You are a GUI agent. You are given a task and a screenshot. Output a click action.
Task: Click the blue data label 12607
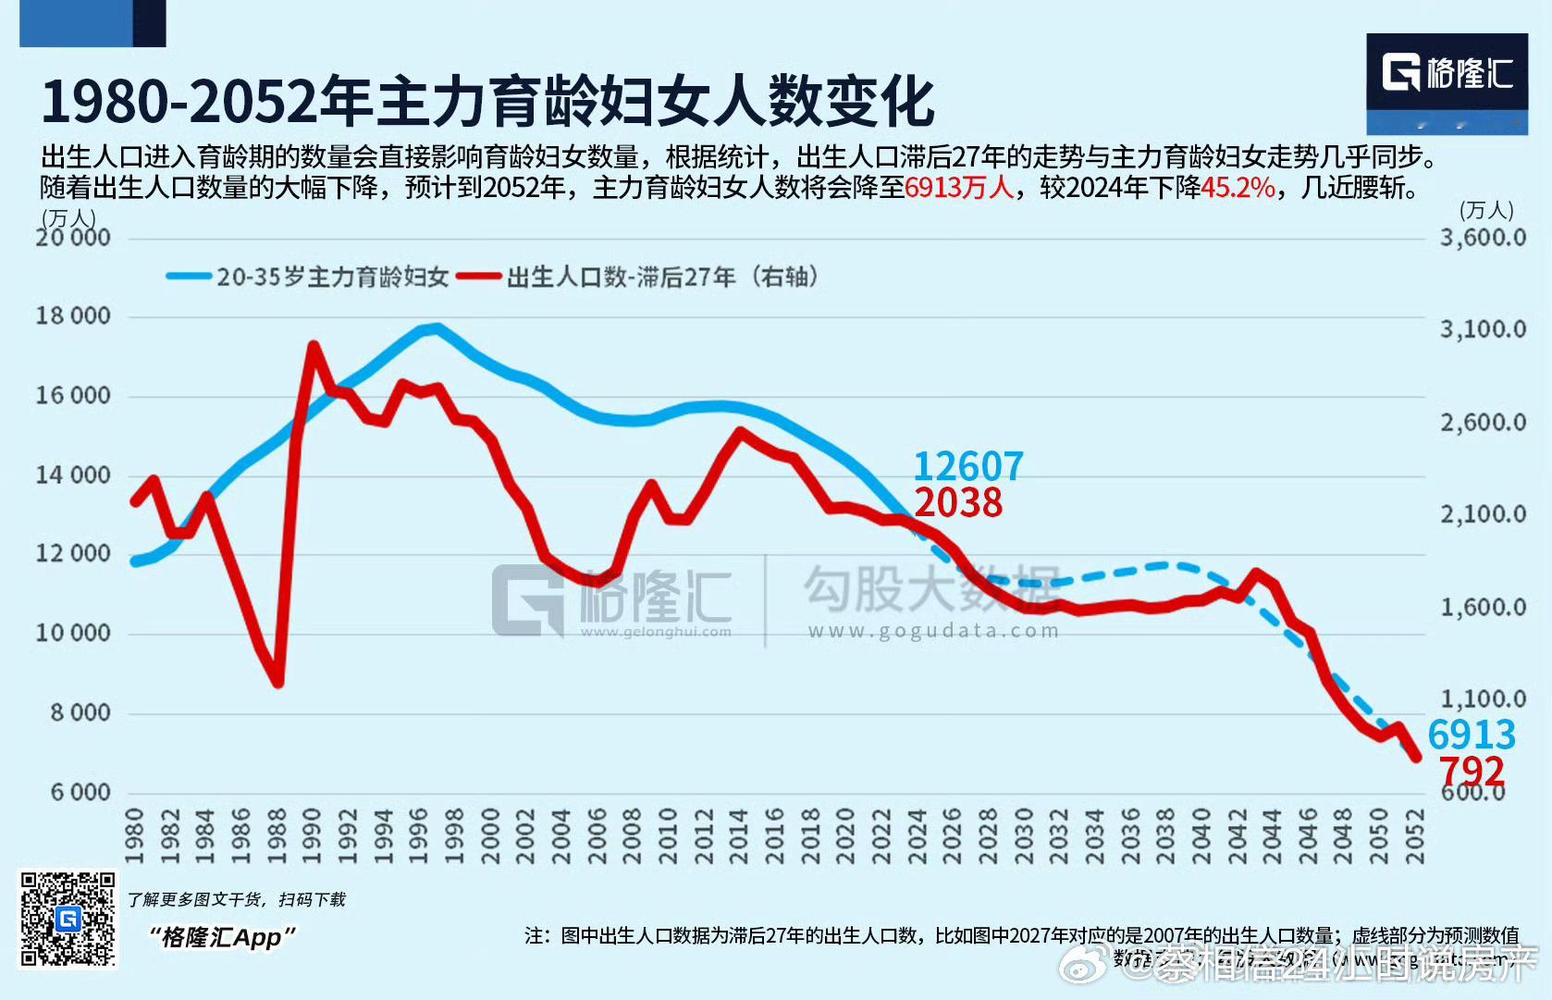tap(967, 465)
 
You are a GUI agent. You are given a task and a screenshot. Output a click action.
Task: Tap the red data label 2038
tap(958, 503)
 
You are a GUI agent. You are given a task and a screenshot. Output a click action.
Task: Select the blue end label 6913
tap(1471, 735)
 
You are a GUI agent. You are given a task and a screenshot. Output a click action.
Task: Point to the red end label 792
tap(1471, 771)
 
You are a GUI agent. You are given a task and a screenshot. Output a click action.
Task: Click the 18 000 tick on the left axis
tap(73, 316)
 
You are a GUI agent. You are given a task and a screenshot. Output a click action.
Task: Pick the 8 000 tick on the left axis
tap(80, 713)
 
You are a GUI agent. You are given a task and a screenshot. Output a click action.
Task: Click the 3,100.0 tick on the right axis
tap(1482, 329)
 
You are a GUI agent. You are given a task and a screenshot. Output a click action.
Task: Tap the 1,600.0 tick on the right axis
tap(1482, 608)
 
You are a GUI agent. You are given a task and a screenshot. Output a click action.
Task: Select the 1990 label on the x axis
tap(313, 836)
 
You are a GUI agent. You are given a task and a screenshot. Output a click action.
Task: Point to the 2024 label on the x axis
tap(917, 836)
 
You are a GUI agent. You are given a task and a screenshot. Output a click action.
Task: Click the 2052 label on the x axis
tap(1414, 836)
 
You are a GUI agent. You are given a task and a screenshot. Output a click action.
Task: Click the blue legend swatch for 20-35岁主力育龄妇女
tap(189, 277)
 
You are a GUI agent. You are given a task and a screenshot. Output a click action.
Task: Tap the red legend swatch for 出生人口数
tap(479, 277)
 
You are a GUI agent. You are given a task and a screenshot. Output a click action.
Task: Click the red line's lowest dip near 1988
tap(277, 683)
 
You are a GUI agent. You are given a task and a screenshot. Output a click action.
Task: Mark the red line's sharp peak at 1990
tap(314, 346)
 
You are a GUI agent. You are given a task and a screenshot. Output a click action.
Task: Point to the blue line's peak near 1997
tap(437, 327)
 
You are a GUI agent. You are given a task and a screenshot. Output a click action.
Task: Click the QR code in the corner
tap(68, 919)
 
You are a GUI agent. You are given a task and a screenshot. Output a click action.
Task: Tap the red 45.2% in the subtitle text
tap(1238, 188)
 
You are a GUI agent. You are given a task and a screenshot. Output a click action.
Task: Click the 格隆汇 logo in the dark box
tap(1447, 73)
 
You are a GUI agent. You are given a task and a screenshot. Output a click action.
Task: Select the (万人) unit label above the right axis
tap(1485, 211)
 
